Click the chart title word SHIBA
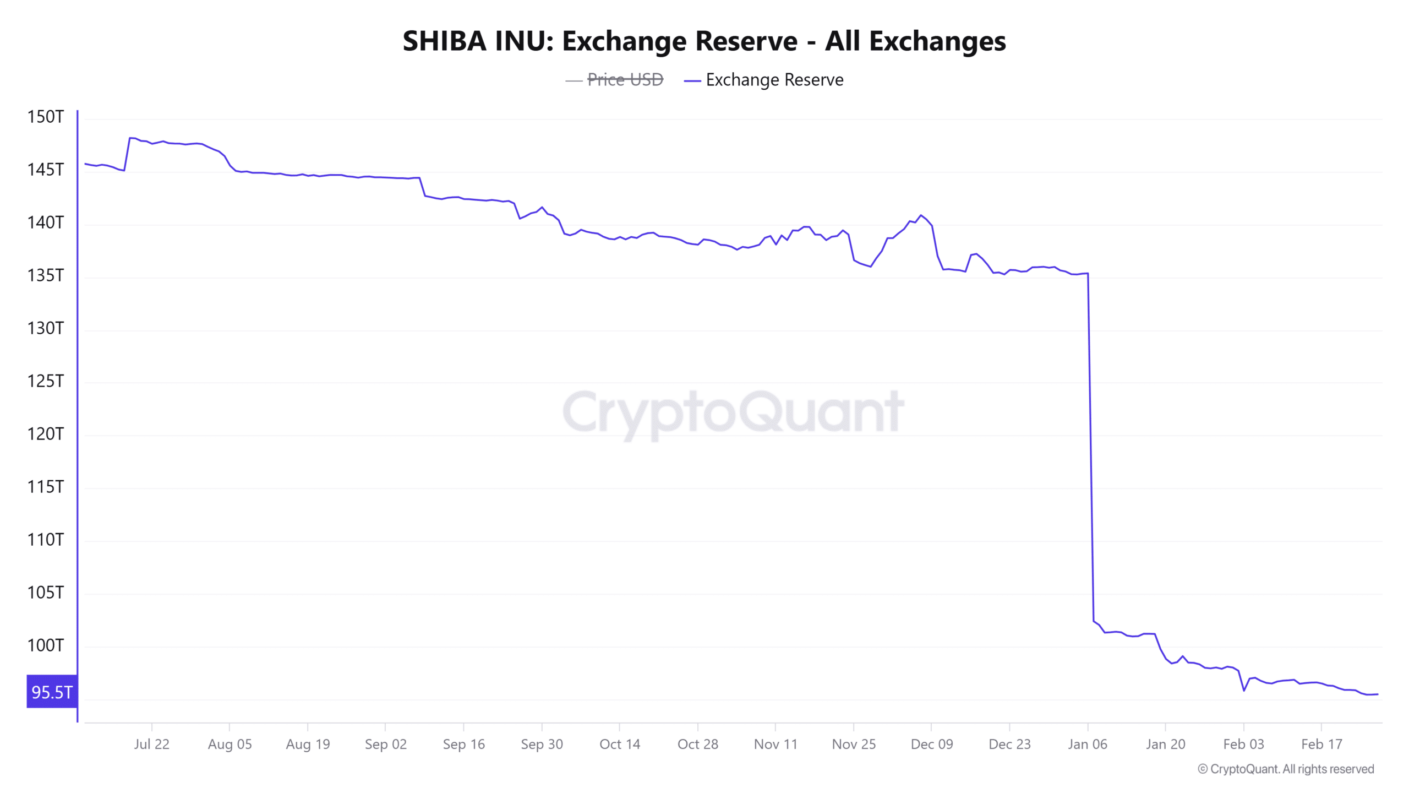coord(444,41)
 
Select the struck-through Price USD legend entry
coord(625,80)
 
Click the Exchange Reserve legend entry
coord(774,80)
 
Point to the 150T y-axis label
coord(46,117)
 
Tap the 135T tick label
coord(46,275)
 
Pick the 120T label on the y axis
coord(46,434)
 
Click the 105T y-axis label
coord(46,593)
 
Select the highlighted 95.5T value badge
coord(52,692)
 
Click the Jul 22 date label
coord(151,744)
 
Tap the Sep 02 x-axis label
coord(385,744)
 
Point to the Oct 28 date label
coord(697,744)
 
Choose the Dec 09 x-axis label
coord(931,744)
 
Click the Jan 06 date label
coord(1087,744)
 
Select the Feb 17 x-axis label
coord(1321,744)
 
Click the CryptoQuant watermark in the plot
coord(733,412)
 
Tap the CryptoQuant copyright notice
coord(1286,769)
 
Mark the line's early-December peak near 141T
coord(921,215)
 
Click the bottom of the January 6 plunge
coord(1094,621)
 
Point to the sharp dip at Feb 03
coord(1244,691)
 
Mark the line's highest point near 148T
coord(130,138)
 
